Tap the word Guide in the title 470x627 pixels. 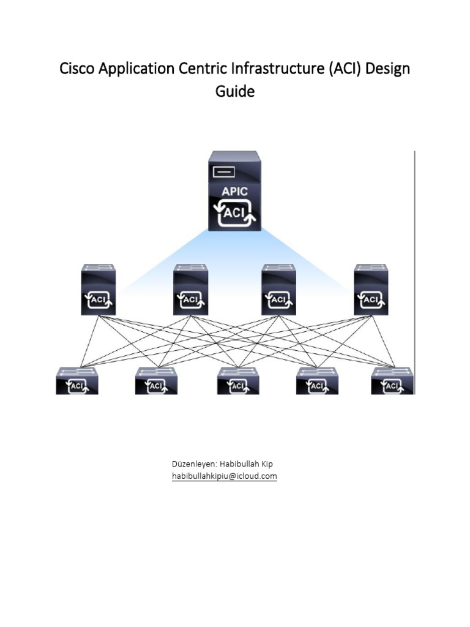tap(234, 92)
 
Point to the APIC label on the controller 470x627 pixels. tap(234, 192)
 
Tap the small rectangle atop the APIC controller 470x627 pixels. tap(224, 172)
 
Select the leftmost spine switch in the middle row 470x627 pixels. tap(99, 290)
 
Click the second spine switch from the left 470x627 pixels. tap(190, 290)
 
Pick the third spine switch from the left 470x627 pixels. tap(278, 290)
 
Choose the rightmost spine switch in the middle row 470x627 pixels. tap(371, 290)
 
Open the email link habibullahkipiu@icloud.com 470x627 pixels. tap(225, 476)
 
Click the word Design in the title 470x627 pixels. tap(389, 69)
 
